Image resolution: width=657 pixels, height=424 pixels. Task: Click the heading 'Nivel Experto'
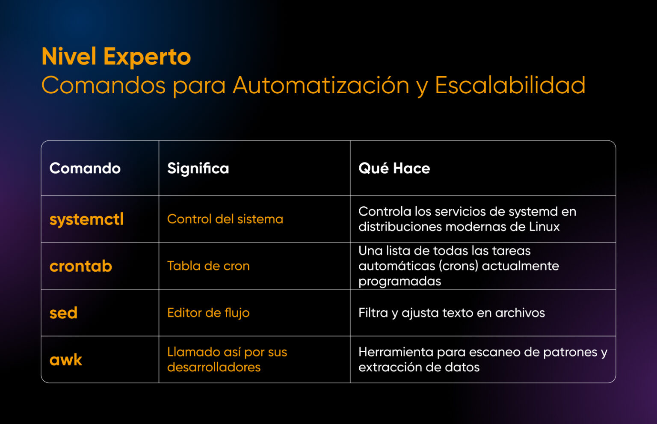pos(116,57)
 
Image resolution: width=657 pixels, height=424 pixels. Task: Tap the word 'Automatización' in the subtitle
pos(321,85)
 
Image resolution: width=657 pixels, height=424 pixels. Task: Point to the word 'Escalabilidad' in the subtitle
pos(510,85)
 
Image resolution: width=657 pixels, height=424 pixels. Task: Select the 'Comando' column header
pos(85,168)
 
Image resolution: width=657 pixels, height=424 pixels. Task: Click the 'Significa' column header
pos(198,169)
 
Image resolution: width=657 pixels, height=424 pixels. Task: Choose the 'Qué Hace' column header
pos(394,168)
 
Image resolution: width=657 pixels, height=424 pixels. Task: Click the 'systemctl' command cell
pos(86,219)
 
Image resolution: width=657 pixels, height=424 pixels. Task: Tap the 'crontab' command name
pos(81,266)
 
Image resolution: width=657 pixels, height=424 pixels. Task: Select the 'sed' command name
pos(63,313)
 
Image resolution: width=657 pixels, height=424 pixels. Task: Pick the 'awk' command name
pos(66,360)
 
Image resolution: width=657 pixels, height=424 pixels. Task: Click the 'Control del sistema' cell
pos(225,219)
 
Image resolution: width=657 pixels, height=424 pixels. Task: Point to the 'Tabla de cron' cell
pos(208,266)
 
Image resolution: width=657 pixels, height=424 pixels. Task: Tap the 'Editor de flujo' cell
pos(208,313)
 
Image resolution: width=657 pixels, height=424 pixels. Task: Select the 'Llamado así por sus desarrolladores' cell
pos(227,359)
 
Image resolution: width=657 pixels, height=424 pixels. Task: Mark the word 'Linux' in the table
pos(544,226)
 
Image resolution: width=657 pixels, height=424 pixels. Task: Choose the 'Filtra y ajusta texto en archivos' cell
pos(451,313)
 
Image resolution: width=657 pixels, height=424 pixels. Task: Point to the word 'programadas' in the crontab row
pos(400,281)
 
